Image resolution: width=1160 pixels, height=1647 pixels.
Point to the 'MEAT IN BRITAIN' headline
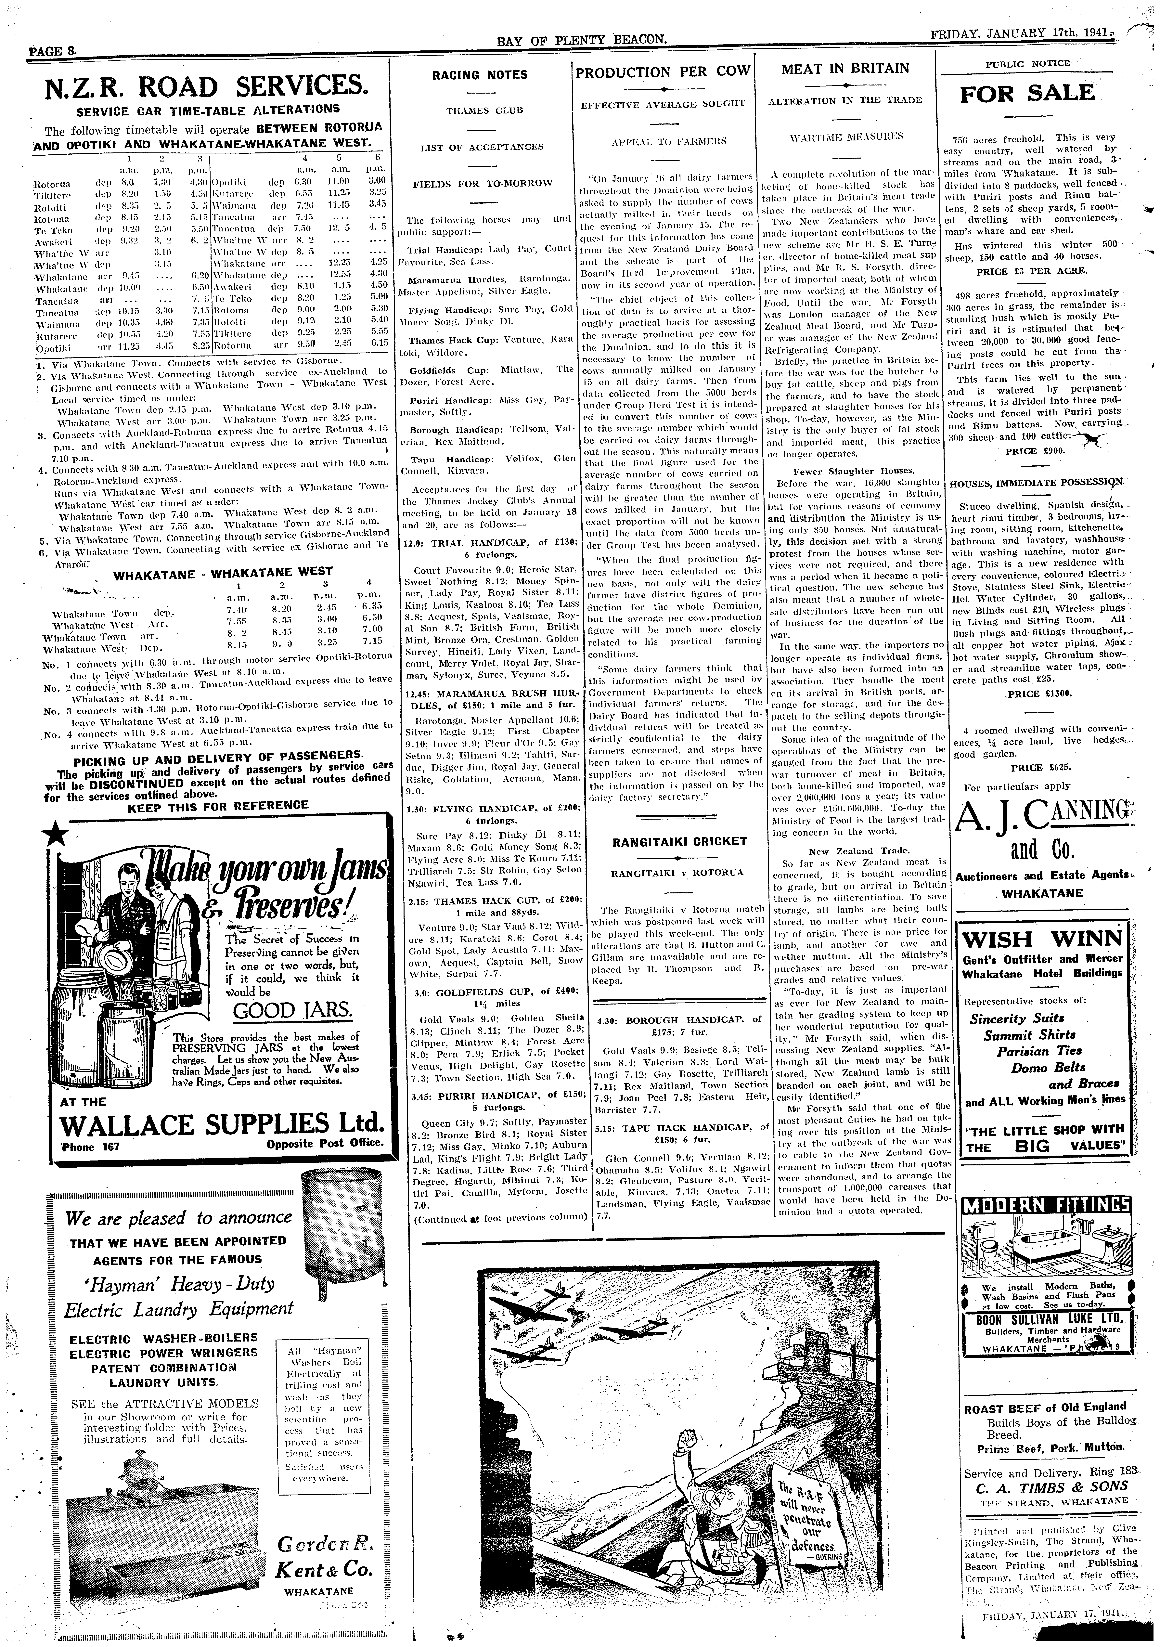click(x=844, y=69)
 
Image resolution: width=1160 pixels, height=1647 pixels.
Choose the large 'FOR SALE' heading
click(x=1027, y=93)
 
